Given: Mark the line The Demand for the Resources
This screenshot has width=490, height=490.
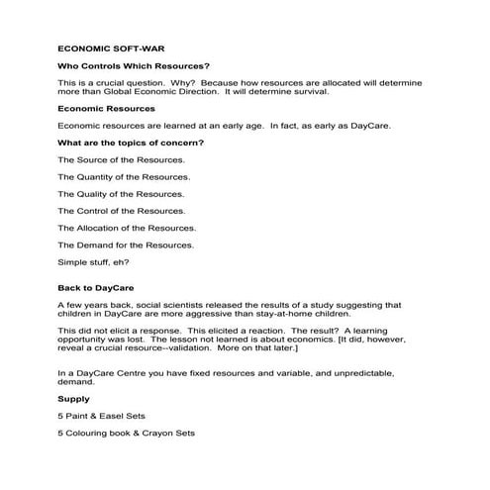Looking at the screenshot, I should click(x=126, y=245).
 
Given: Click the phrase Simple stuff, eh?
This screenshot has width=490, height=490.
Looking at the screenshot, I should click(x=93, y=261).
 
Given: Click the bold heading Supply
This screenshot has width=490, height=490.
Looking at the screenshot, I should click(x=73, y=398).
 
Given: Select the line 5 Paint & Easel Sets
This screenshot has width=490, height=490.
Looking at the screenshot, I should click(x=101, y=416).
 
